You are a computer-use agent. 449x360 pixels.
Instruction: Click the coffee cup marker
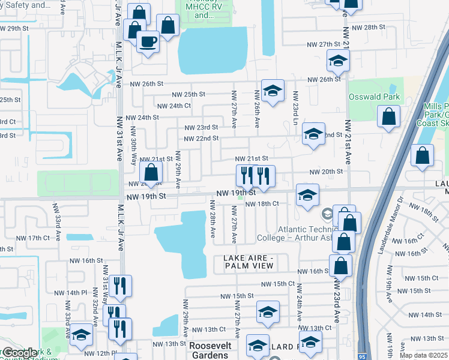148,42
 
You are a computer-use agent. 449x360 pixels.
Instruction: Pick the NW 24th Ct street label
173,106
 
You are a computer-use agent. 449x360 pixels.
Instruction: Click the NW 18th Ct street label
262,203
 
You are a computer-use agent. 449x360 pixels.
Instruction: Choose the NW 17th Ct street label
34,238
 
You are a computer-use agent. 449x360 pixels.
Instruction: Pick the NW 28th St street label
368,28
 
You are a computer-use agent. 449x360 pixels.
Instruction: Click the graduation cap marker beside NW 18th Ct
307,196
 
